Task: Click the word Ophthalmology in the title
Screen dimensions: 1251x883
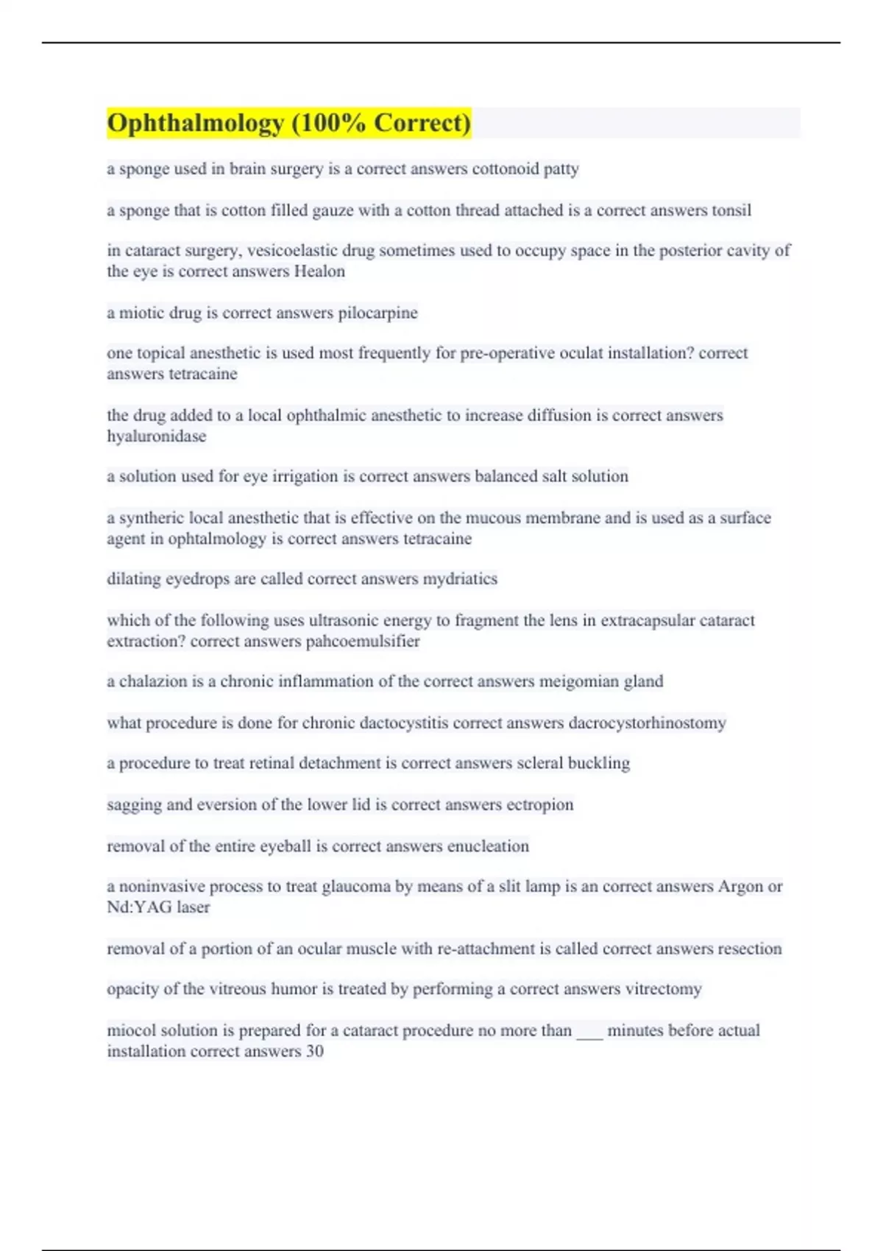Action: point(195,123)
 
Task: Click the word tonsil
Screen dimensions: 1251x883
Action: point(731,210)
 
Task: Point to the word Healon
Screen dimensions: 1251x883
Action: point(319,272)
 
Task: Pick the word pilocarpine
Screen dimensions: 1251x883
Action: point(377,313)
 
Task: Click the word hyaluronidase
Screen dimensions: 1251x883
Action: point(156,436)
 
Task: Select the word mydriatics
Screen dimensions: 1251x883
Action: point(460,579)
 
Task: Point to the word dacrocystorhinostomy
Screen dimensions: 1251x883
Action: point(647,723)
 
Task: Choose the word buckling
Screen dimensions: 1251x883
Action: point(598,763)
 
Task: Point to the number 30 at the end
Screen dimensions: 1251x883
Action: point(314,1051)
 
